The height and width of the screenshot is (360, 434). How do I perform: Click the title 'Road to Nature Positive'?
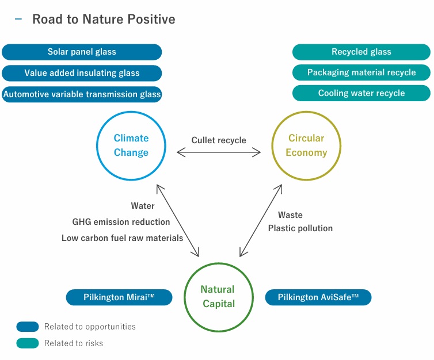pos(104,19)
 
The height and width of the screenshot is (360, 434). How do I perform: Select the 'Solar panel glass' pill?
pos(82,52)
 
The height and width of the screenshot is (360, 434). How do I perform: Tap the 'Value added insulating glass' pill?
pos(82,73)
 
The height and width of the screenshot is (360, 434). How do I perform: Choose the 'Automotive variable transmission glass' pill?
pos(82,94)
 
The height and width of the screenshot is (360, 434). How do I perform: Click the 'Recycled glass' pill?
pos(361,52)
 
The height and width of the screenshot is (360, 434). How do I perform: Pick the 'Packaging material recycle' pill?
pos(361,72)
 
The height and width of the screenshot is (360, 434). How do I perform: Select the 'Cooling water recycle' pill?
pos(361,93)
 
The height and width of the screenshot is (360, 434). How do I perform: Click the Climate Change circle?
pos(131,145)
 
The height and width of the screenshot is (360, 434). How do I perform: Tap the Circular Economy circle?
pos(306,145)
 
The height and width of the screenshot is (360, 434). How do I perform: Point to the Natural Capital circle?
pos(218,297)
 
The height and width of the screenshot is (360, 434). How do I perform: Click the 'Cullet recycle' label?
pos(219,140)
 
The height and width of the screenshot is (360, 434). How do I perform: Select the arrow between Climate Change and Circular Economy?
pos(219,152)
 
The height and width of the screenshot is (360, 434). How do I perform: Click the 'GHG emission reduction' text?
pos(121,222)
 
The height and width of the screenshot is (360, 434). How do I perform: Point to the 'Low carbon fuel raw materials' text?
pos(122,238)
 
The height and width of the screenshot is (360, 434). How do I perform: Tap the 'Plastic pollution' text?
pos(300,228)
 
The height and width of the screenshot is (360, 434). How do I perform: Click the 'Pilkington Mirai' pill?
pos(119,297)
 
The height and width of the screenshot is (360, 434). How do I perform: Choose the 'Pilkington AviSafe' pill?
pos(318,297)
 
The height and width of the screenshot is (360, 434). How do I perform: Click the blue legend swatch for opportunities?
pos(28,327)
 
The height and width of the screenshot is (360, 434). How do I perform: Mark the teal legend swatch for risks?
pos(28,343)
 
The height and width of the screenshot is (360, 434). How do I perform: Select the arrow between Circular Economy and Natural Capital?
pos(261,220)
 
